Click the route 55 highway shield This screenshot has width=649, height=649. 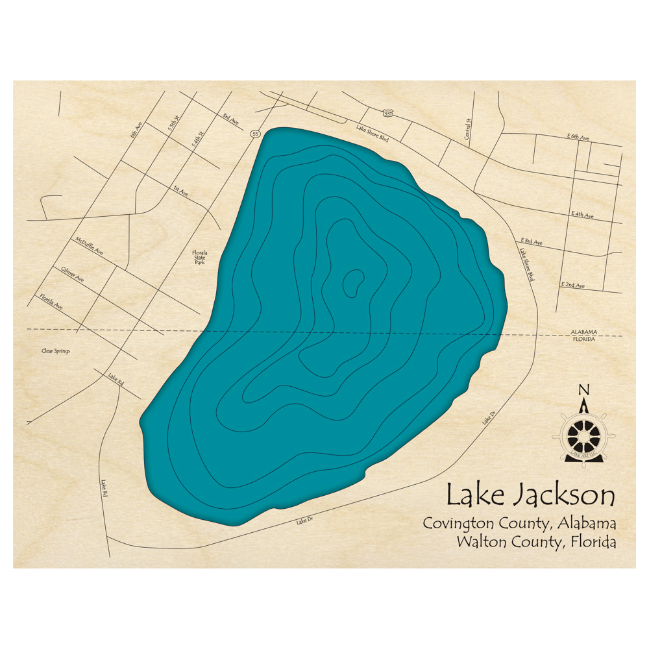(x=255, y=134)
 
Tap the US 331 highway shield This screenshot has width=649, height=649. (x=388, y=114)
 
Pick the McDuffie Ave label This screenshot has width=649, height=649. (x=89, y=247)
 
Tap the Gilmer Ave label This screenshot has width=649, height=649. (x=73, y=274)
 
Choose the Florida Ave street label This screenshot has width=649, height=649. (x=51, y=302)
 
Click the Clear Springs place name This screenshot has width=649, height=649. (x=55, y=351)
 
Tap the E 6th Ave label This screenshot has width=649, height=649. (x=578, y=138)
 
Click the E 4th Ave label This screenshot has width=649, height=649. (x=582, y=214)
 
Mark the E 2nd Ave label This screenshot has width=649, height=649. (x=573, y=286)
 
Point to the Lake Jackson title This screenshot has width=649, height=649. (x=530, y=496)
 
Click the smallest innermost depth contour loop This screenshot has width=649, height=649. (x=354, y=283)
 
